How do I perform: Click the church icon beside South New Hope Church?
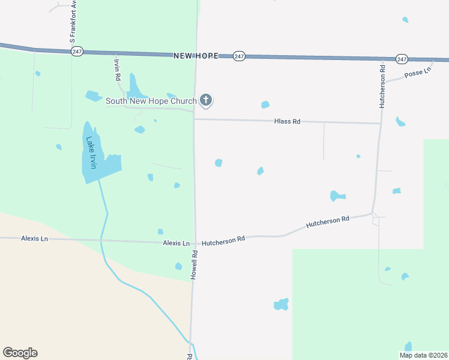tap(206, 100)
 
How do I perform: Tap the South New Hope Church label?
tap(151, 101)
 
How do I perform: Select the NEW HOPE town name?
tap(196, 55)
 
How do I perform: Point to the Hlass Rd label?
tap(287, 121)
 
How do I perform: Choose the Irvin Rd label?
tap(117, 71)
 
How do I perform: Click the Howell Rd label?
tap(194, 263)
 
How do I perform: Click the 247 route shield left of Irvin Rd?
tap(76, 52)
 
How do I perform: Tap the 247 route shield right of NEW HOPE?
tap(239, 56)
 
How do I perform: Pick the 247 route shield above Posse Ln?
tap(402, 59)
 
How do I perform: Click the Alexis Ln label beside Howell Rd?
tap(176, 243)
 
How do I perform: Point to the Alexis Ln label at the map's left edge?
tap(34, 238)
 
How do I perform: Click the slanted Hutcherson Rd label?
tap(327, 222)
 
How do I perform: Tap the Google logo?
tap(20, 353)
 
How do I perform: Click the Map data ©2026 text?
tap(423, 355)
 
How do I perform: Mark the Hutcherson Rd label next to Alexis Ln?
tap(223, 239)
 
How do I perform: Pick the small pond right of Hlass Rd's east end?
tap(400, 122)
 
